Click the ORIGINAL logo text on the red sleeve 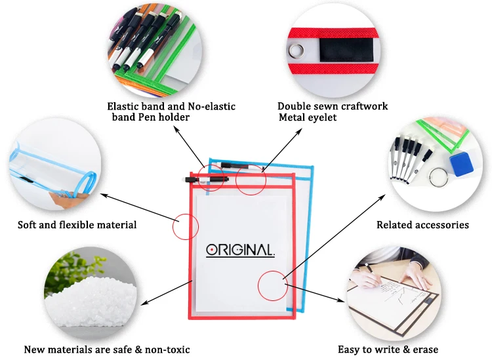[x=240, y=250]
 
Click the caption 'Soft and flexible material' [x=77, y=225]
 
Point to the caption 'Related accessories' [x=422, y=225]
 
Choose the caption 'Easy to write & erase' [x=388, y=350]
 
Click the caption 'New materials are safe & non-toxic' [x=107, y=350]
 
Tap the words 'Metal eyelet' [x=308, y=117]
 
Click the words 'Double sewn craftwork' [x=333, y=106]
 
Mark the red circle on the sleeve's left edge [x=185, y=227]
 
